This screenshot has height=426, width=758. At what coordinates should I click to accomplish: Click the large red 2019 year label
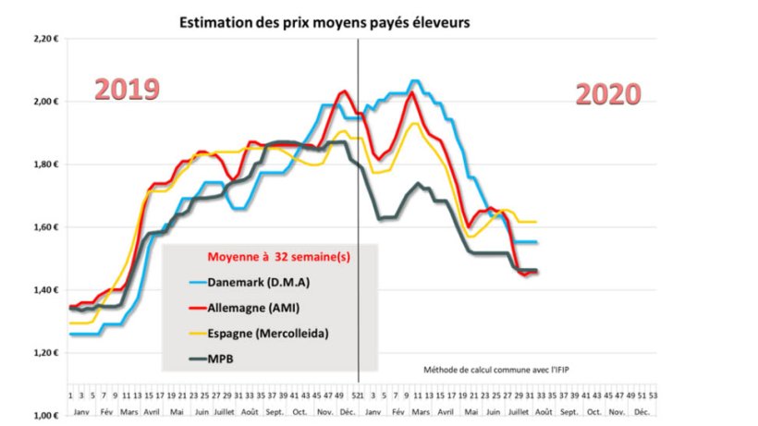click(127, 89)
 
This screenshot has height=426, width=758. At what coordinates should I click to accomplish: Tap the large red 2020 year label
click(607, 93)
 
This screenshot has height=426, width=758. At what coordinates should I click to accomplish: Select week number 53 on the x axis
click(655, 394)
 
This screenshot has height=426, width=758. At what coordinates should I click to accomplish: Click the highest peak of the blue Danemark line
click(413, 81)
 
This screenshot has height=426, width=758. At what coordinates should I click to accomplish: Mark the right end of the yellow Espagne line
click(537, 222)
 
